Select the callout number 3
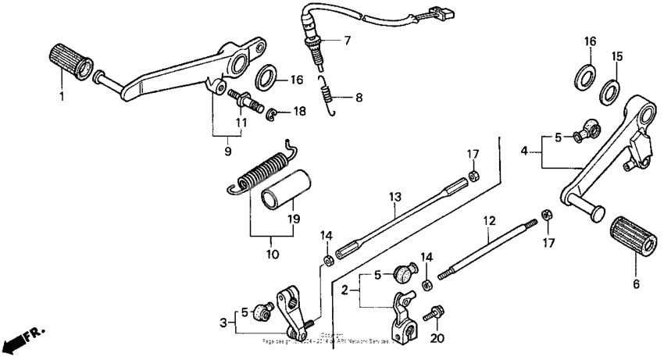pos(224,322)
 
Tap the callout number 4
pos(526,150)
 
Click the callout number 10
pos(270,254)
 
